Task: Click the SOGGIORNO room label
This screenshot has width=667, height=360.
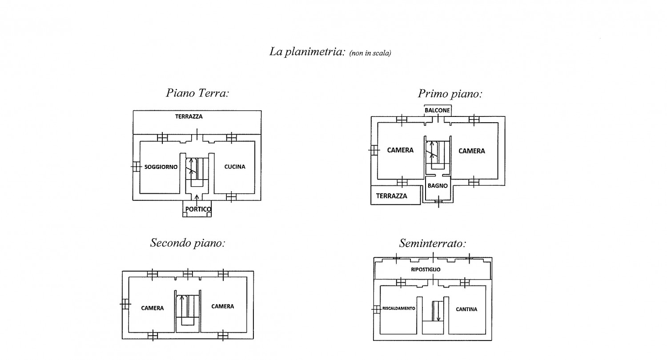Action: tap(161, 167)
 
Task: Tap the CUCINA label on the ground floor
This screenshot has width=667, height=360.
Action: tap(235, 167)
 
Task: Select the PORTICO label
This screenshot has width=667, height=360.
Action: tap(198, 209)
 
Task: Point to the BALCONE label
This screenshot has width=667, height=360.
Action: tap(437, 110)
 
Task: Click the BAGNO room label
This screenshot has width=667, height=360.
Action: tap(438, 186)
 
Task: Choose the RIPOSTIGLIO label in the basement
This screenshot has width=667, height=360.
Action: tap(426, 269)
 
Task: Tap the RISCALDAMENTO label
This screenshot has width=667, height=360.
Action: tap(398, 308)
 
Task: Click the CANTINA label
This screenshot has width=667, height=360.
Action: tap(466, 309)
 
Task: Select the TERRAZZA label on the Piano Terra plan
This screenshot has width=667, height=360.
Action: tap(189, 116)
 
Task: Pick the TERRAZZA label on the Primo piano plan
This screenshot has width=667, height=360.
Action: tap(391, 196)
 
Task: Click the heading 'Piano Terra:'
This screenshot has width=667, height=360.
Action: tap(197, 93)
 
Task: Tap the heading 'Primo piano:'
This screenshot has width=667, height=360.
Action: tap(450, 94)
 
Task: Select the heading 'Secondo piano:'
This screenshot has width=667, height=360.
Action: tap(188, 243)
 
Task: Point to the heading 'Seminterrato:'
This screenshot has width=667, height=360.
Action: tap(432, 244)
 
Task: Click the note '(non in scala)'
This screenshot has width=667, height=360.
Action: tap(370, 53)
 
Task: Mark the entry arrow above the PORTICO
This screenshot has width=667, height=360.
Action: tap(197, 200)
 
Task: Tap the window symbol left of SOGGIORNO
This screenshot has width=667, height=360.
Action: tap(136, 166)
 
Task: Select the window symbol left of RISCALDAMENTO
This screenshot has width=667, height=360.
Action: tap(377, 309)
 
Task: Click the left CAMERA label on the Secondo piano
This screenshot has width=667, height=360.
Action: tap(152, 308)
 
